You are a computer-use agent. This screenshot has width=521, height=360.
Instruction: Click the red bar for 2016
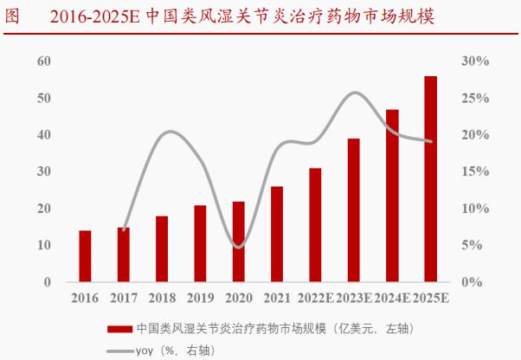[x=85, y=256]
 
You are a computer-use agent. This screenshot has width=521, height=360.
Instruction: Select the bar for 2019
[x=200, y=243]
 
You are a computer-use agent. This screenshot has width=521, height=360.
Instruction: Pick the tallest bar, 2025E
[x=430, y=179]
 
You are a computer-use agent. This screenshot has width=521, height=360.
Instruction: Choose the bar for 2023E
[x=353, y=210]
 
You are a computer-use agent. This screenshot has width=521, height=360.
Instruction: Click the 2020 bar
[x=239, y=241]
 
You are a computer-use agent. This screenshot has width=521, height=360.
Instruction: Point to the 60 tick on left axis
[x=44, y=61]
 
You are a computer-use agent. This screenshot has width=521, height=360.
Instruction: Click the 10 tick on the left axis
[x=44, y=246]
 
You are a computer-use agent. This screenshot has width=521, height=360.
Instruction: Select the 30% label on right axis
[x=476, y=61]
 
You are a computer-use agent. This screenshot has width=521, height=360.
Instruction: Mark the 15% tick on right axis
[x=476, y=172]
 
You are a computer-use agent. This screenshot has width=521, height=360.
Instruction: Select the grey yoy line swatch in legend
[x=120, y=350]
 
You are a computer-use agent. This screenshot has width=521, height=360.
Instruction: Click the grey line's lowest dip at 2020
[x=239, y=247]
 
